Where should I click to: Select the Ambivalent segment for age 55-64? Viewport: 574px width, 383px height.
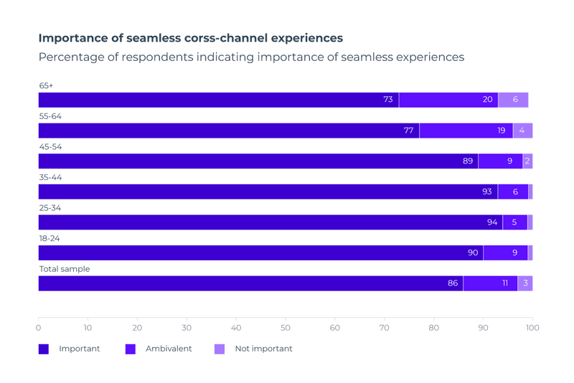[466, 131]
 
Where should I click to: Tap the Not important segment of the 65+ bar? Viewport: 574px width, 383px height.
[513, 100]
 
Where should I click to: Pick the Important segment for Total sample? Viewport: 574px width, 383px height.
[250, 283]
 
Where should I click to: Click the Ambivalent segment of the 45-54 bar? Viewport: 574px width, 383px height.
[500, 161]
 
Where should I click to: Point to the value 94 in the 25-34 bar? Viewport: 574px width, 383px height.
[492, 222]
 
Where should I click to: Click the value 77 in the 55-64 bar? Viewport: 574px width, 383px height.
[408, 131]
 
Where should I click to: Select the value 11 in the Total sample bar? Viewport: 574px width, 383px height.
[505, 283]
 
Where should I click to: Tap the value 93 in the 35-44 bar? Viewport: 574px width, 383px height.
[487, 191]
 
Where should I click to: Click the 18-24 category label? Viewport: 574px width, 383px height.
[50, 239]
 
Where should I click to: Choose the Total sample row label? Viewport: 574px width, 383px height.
[65, 269]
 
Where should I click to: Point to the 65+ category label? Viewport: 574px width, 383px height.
[46, 86]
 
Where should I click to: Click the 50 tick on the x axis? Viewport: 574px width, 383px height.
[286, 328]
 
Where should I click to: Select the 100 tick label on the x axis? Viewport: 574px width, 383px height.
[532, 328]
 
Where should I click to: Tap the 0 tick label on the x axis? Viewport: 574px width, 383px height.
[39, 328]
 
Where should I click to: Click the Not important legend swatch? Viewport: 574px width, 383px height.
[220, 349]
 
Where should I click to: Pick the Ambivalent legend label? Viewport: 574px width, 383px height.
[169, 349]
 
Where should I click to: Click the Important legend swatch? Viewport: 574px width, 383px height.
[44, 349]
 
